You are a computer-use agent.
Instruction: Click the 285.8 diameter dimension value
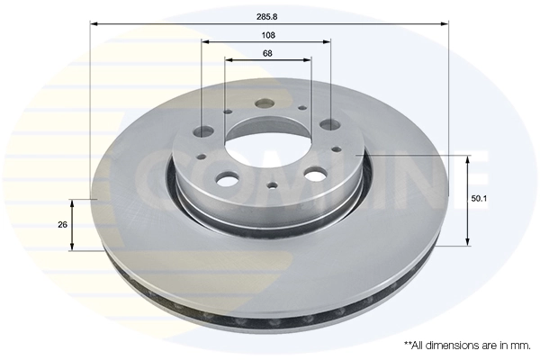tap(268, 15)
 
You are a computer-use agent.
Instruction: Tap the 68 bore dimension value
tap(268, 53)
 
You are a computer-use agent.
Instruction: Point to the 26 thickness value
tap(62, 224)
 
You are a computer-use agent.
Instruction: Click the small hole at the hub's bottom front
tap(271, 186)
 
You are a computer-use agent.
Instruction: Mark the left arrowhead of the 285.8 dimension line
tap(94, 25)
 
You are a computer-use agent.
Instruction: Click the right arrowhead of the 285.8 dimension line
tap(444, 25)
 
